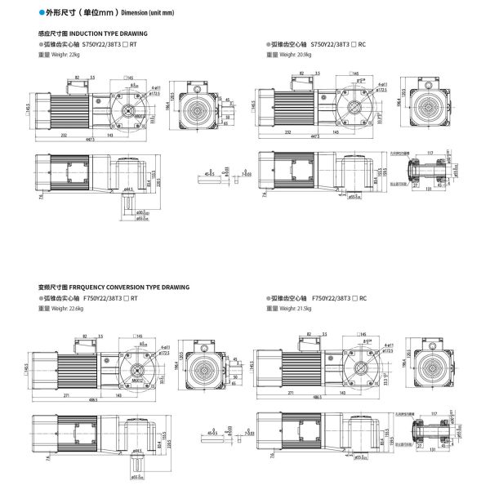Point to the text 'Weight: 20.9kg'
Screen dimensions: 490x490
point(295,53)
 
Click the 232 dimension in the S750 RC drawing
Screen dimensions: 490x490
point(288,131)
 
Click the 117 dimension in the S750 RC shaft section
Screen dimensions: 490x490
point(430,152)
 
